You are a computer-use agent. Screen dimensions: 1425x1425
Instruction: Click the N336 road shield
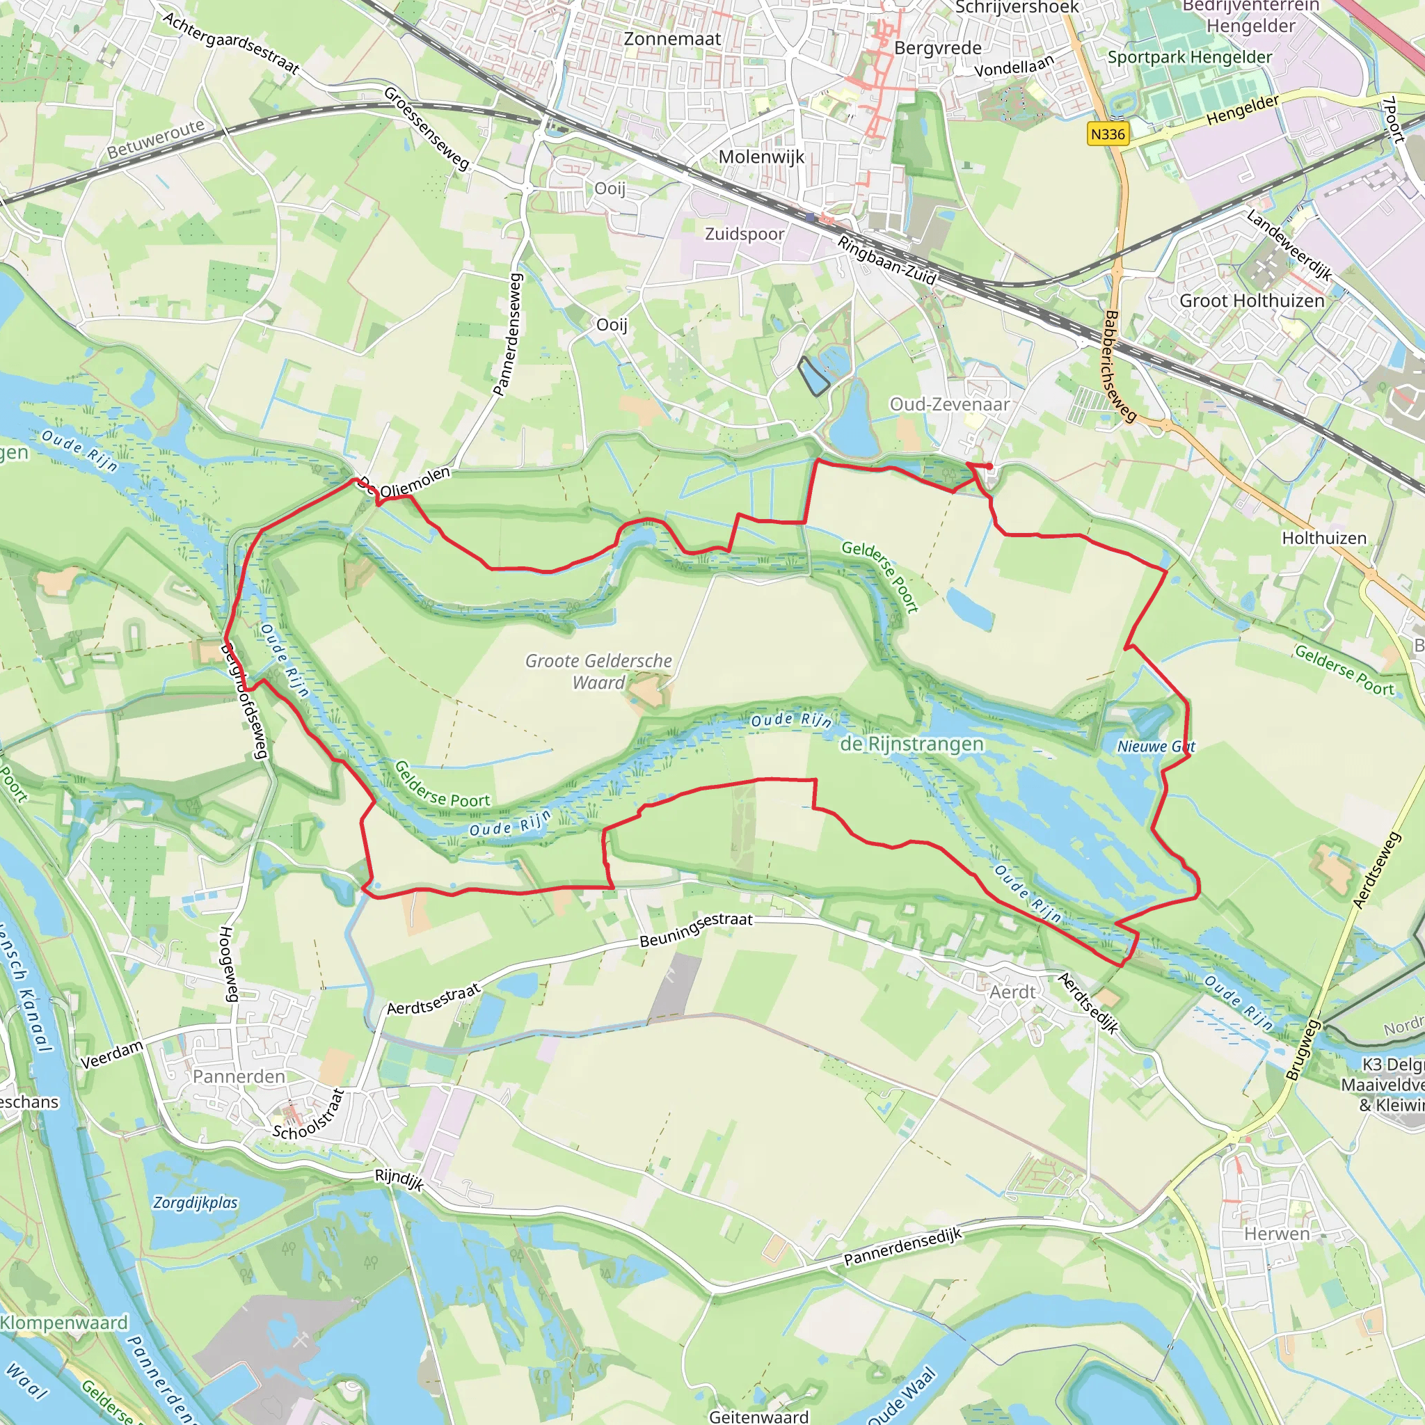tap(1108, 134)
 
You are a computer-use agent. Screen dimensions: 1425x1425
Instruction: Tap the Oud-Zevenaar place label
tap(949, 404)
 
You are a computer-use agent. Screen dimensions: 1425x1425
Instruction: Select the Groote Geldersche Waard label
tap(598, 671)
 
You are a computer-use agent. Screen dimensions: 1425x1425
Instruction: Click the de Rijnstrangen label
tap(911, 745)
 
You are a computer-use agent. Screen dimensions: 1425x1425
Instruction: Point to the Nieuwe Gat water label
tap(1156, 747)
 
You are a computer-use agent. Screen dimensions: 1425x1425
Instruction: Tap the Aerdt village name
tap(1012, 992)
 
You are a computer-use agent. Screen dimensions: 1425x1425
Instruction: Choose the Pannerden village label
tap(238, 1076)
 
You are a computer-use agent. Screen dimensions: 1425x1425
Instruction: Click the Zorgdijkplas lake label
tap(196, 1202)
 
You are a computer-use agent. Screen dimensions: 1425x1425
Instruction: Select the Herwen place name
tap(1277, 1234)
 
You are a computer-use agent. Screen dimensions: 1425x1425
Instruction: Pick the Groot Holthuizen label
tap(1252, 301)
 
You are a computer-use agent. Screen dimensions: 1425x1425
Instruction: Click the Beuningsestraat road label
tap(696, 930)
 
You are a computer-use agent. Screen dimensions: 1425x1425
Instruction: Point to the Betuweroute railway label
tap(156, 139)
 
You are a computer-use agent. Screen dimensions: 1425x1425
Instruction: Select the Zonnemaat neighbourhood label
tap(672, 39)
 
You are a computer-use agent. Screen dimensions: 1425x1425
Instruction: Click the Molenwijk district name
tap(761, 157)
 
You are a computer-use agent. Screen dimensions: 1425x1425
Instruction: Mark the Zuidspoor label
tap(745, 234)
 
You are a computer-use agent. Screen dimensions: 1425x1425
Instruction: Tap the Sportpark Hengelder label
tap(1190, 58)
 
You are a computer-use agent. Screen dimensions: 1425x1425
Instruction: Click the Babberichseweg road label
tap(1120, 366)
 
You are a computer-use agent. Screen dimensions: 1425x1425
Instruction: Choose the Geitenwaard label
tap(758, 1416)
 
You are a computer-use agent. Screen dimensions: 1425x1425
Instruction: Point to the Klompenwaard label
tap(64, 1323)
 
